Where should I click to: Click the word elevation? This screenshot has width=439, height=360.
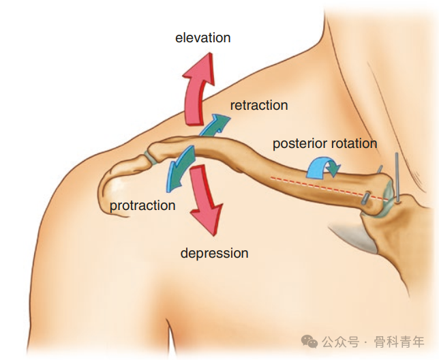[x=203, y=37]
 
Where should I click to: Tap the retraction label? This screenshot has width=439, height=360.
[x=259, y=105]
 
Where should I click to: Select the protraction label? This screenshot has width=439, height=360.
[x=142, y=205]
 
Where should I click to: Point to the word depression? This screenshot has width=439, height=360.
[x=214, y=253]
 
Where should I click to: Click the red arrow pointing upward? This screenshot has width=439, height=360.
[x=197, y=85]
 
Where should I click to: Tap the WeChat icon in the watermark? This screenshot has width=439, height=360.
[x=309, y=341]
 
